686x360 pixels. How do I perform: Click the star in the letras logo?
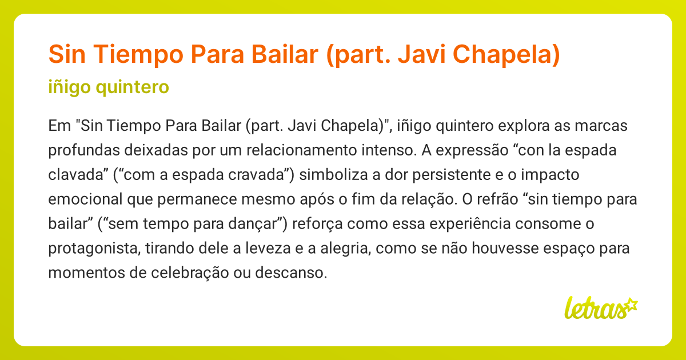(x=631, y=303)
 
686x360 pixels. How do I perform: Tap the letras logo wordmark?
(x=595, y=308)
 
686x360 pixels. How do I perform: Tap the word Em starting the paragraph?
(x=59, y=125)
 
